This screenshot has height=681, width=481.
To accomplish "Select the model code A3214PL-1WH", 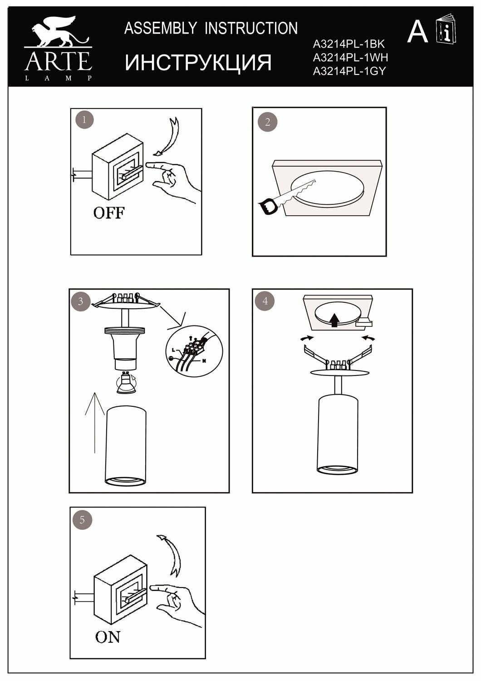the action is tap(350, 58).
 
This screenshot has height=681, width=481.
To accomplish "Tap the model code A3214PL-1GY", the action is tap(349, 71).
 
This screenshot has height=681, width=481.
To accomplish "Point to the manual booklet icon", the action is tap(446, 29).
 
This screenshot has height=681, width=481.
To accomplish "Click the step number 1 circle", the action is tap(84, 119).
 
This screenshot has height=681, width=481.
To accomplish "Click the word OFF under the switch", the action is tap(109, 213).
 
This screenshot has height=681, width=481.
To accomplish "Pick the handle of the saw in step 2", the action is tap(268, 206).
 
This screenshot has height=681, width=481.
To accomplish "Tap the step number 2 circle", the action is tap(267, 122).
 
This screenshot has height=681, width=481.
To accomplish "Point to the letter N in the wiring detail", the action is tap(204, 361).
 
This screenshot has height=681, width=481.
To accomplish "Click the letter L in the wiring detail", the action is tap(173, 350).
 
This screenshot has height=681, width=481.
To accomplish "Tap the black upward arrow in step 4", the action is tap(335, 320).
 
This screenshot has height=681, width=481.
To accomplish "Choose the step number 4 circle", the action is tap(265, 301).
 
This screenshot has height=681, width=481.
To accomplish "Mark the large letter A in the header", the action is tap(417, 32).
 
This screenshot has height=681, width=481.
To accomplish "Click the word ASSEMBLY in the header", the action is tap(161, 28).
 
